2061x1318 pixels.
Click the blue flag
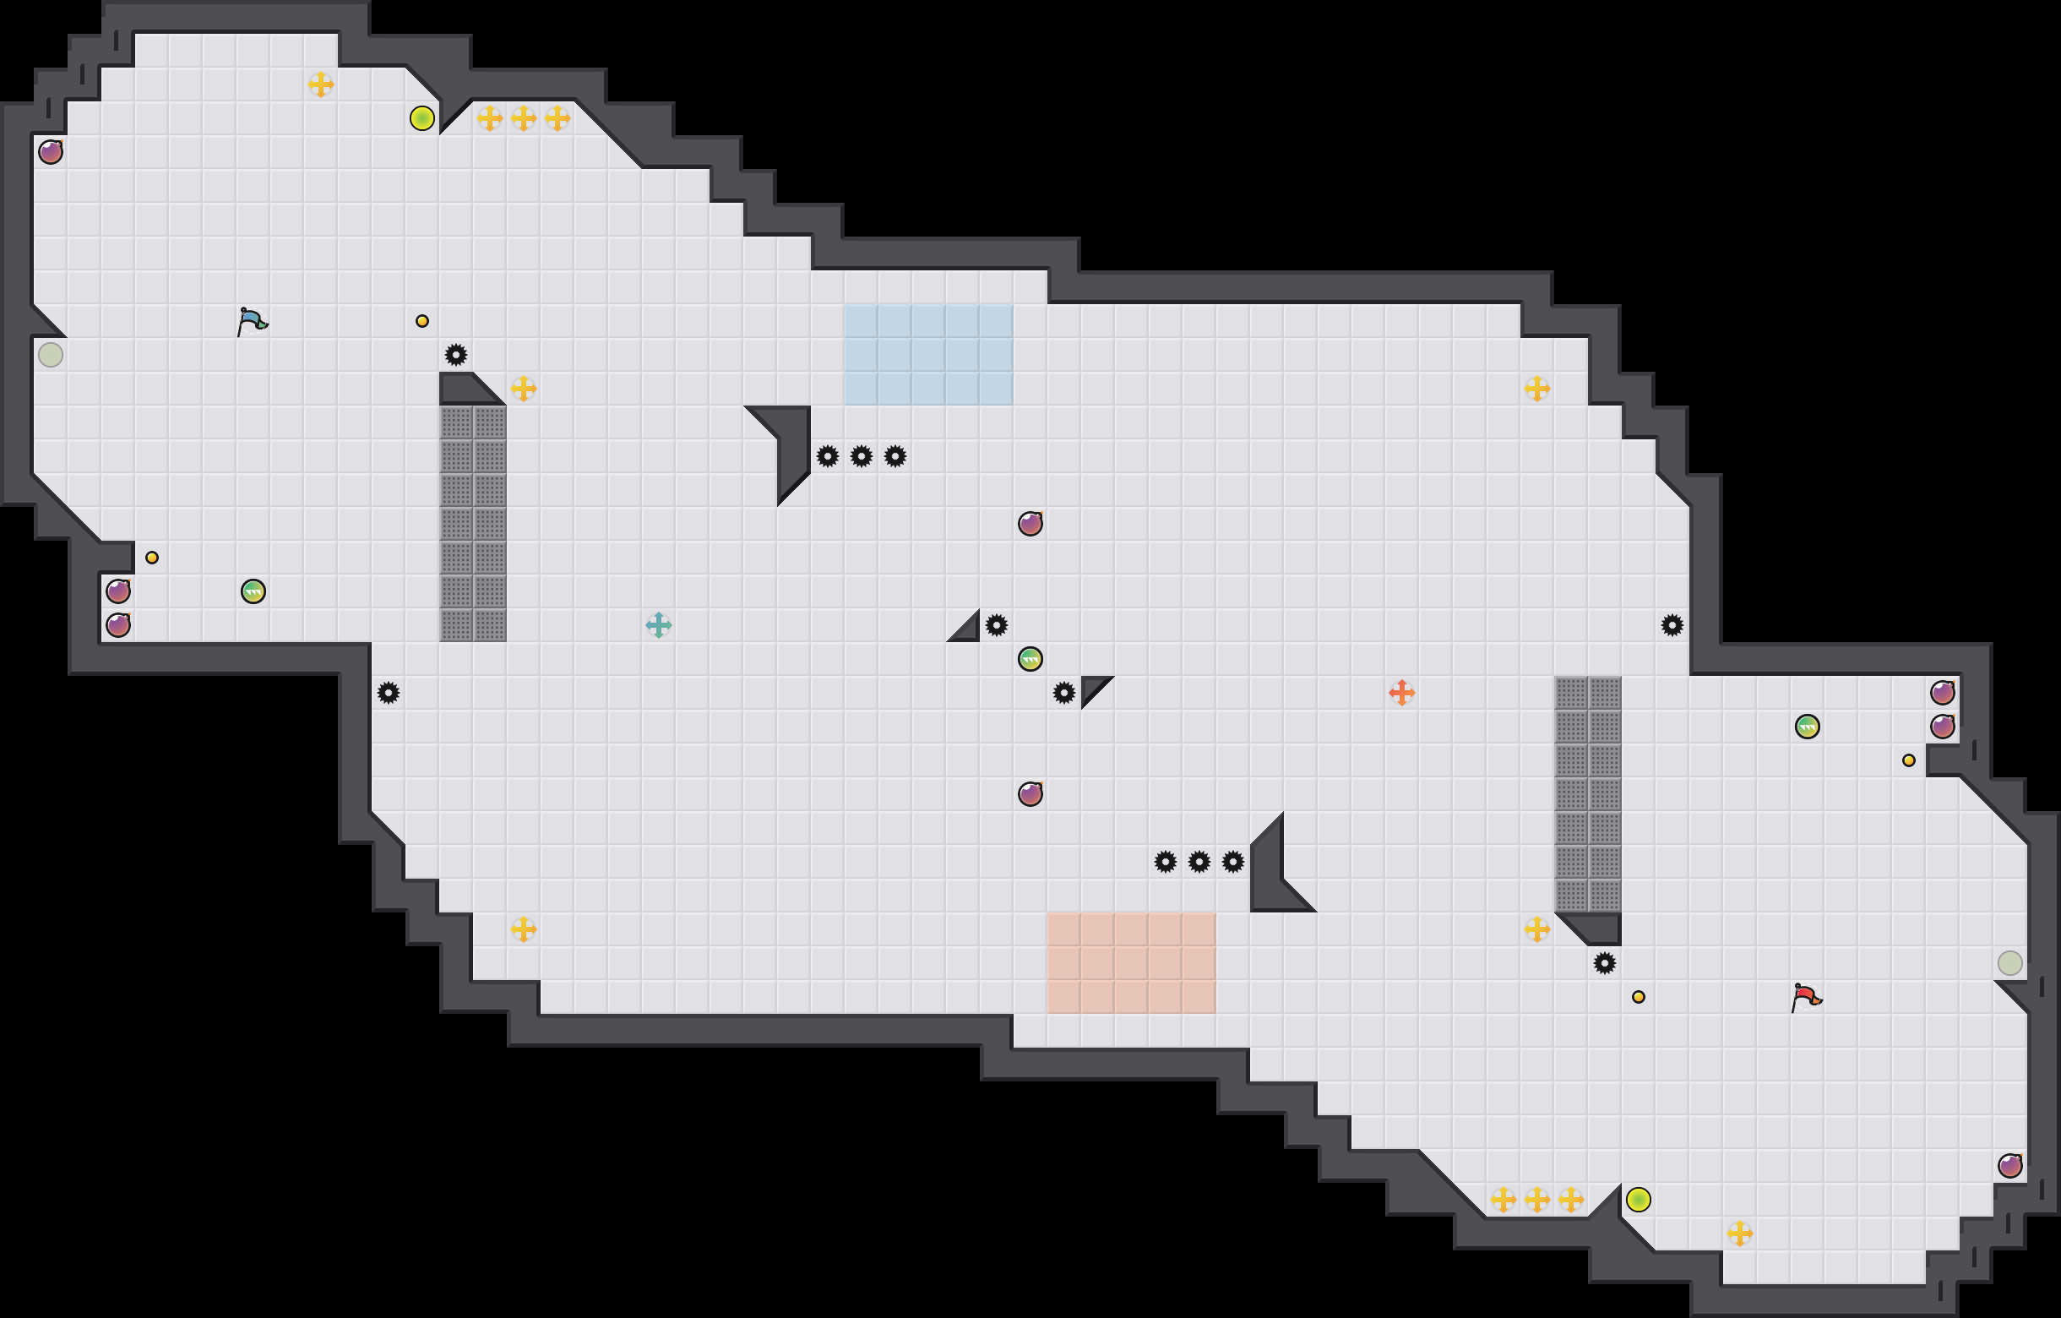click(252, 322)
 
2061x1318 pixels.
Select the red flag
click(1806, 997)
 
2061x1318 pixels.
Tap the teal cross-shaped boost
click(658, 624)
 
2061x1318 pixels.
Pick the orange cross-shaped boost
click(1401, 693)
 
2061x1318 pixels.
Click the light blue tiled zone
click(928, 354)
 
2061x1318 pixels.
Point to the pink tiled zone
click(1131, 963)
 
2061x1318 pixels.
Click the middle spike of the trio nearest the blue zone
click(861, 456)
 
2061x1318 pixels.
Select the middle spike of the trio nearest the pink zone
click(1199, 862)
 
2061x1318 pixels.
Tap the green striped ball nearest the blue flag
click(253, 591)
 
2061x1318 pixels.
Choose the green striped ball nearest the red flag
click(1807, 727)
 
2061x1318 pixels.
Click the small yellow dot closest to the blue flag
click(422, 321)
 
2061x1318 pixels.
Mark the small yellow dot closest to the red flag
click(1638, 997)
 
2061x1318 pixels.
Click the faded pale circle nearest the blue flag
click(51, 354)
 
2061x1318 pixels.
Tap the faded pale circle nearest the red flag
click(2009, 963)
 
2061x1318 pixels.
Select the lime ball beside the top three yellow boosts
click(422, 118)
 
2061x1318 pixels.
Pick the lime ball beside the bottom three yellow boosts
click(1638, 1200)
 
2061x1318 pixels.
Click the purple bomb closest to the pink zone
click(1030, 794)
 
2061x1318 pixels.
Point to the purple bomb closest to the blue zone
click(1030, 524)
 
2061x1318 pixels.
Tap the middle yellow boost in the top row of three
click(524, 118)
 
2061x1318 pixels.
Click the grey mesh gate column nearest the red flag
click(1588, 794)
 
